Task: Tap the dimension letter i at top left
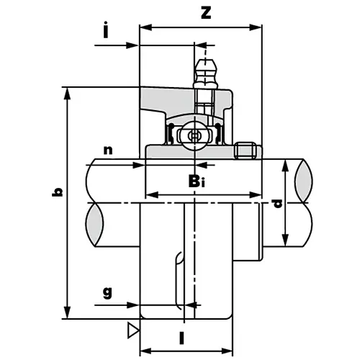click(106, 31)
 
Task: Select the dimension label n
click(108, 150)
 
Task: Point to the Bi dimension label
click(198, 181)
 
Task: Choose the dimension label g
click(107, 292)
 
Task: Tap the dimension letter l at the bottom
click(183, 337)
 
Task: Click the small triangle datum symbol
click(132, 330)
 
